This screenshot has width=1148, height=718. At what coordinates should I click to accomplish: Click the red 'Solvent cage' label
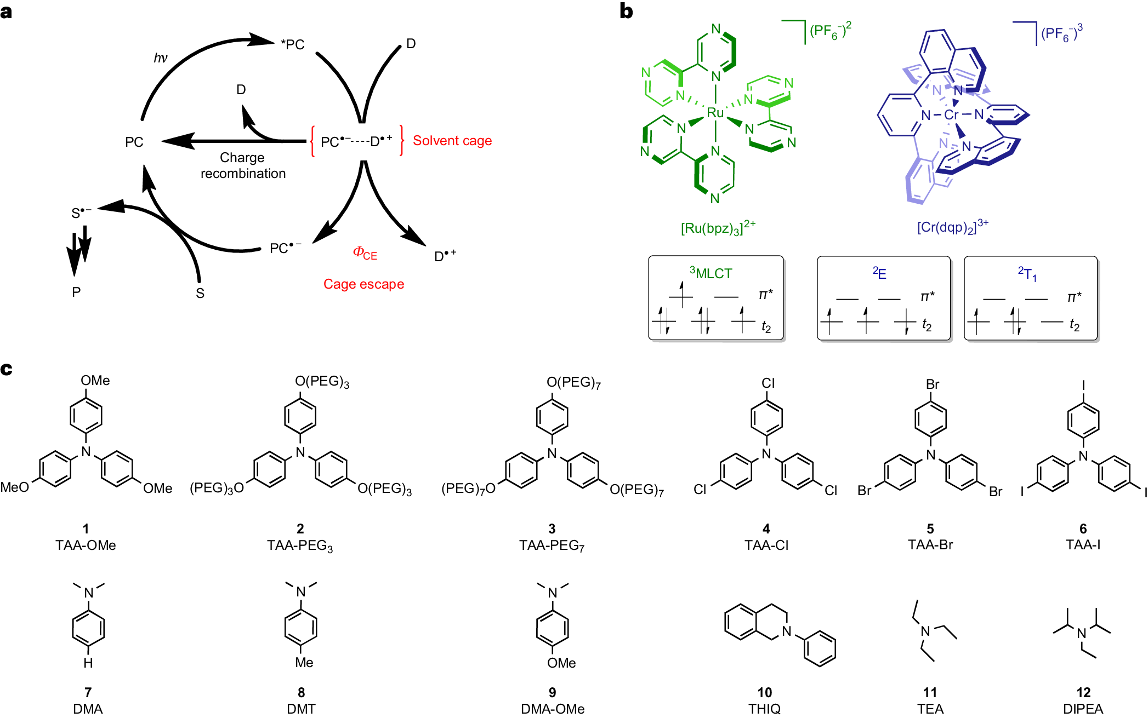[x=452, y=141]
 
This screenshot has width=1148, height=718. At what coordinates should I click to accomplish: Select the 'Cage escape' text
[x=363, y=284]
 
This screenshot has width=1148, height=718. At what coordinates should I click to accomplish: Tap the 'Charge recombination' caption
[x=243, y=165]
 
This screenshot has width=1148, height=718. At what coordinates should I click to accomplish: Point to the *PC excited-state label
[x=293, y=44]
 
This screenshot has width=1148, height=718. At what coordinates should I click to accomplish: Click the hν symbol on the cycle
[x=160, y=58]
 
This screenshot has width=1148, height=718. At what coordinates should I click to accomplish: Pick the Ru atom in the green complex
[x=715, y=113]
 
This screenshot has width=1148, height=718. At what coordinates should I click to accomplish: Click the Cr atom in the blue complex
[x=951, y=115]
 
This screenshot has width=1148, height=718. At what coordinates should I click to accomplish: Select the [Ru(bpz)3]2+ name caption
[x=718, y=227]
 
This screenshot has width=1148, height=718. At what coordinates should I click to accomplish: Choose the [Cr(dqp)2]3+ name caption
[x=952, y=226]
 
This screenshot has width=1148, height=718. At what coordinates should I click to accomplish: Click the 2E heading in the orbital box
[x=879, y=273]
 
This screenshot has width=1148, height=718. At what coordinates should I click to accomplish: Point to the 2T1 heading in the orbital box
[x=1027, y=273]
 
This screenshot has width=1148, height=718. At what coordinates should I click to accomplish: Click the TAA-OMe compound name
[x=86, y=545]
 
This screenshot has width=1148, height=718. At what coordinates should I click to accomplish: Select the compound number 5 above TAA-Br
[x=930, y=529]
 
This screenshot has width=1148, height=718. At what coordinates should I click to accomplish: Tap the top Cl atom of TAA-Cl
[x=768, y=383]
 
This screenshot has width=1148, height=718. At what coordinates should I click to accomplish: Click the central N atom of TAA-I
[x=1083, y=456]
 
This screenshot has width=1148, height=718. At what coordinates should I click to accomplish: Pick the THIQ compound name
[x=764, y=708]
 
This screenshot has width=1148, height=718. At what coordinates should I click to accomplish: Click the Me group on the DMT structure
[x=304, y=662]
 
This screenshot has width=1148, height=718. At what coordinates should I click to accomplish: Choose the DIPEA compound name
[x=1083, y=708]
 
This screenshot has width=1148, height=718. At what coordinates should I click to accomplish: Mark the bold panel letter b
[x=626, y=11]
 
